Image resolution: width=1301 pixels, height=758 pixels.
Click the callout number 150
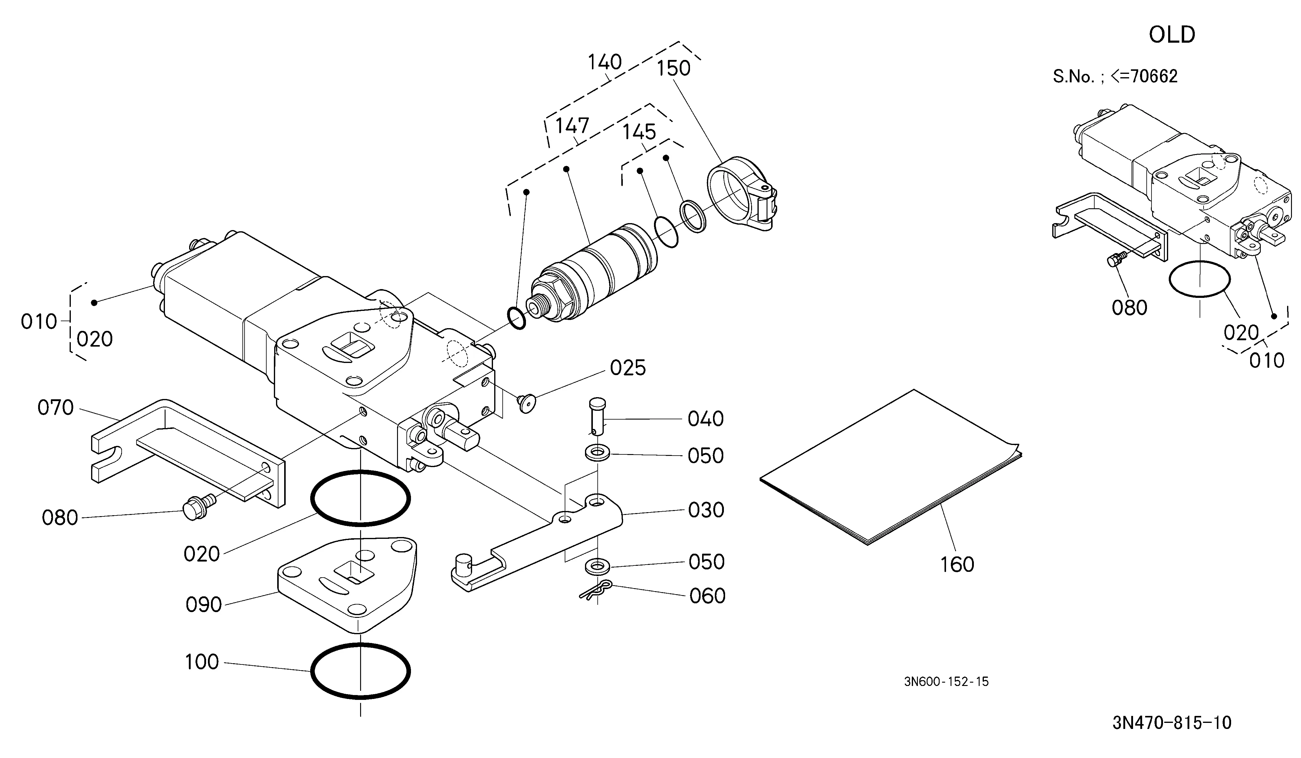(673, 68)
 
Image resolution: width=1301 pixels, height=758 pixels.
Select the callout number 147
(572, 125)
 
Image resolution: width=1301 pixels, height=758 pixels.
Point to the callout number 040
(706, 419)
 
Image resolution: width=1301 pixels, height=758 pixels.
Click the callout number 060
(707, 596)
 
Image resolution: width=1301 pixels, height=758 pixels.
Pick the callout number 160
(957, 564)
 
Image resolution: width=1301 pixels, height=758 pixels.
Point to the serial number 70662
(1154, 76)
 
